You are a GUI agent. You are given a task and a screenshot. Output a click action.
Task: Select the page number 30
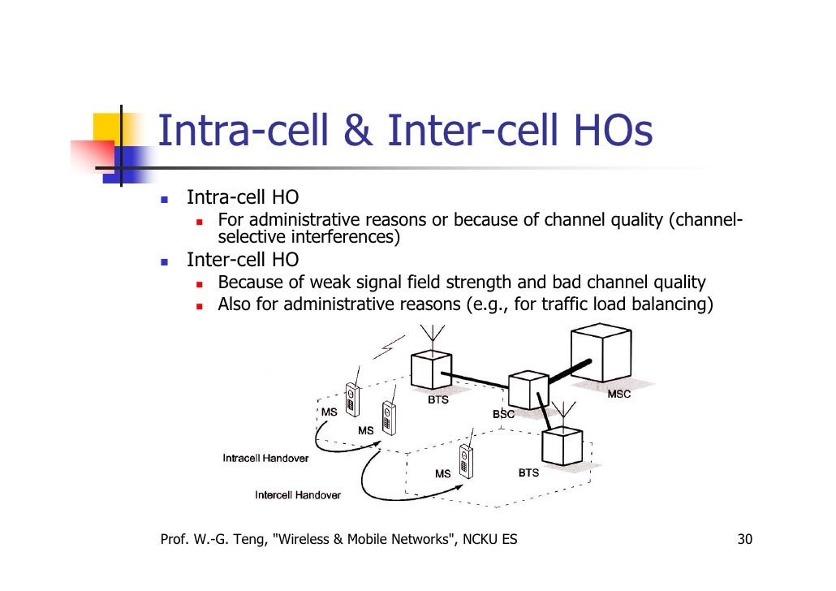click(744, 540)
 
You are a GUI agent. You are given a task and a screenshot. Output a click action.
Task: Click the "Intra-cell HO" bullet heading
click(242, 197)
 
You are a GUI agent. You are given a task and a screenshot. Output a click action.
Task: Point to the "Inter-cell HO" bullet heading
click(242, 260)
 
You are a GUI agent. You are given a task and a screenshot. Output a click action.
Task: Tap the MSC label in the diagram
click(618, 394)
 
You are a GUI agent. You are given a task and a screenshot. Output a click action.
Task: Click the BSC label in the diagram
click(503, 414)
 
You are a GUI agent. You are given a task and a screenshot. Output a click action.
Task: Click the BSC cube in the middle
click(528, 390)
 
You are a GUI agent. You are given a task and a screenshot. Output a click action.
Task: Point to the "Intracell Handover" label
click(265, 458)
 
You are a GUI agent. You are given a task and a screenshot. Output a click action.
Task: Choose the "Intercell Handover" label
click(298, 494)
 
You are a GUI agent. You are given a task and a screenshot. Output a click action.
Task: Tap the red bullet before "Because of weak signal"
click(200, 284)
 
